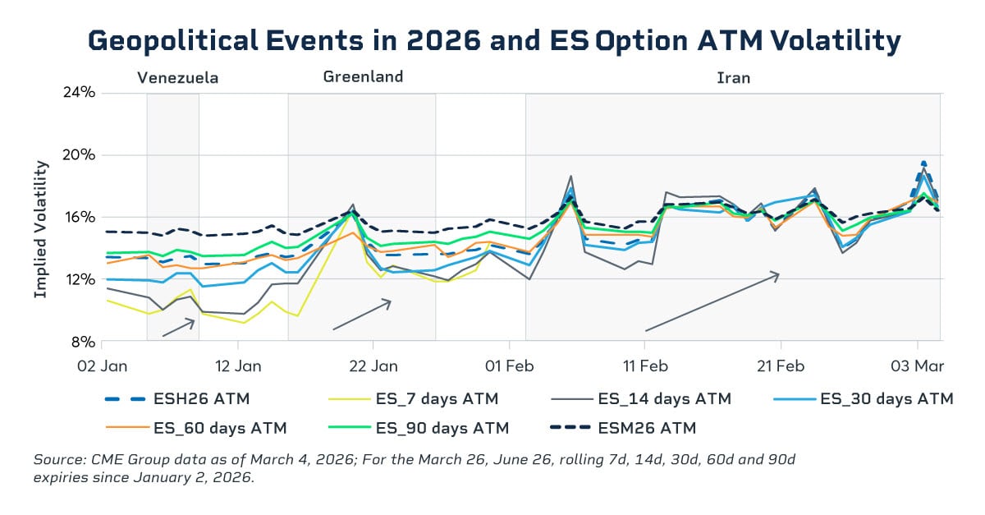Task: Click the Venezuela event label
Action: pos(177,78)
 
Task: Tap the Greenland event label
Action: pos(363,76)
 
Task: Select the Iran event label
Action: pos(733,78)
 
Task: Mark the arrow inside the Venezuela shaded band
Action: pos(178,328)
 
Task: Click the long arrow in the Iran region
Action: pos(712,301)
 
